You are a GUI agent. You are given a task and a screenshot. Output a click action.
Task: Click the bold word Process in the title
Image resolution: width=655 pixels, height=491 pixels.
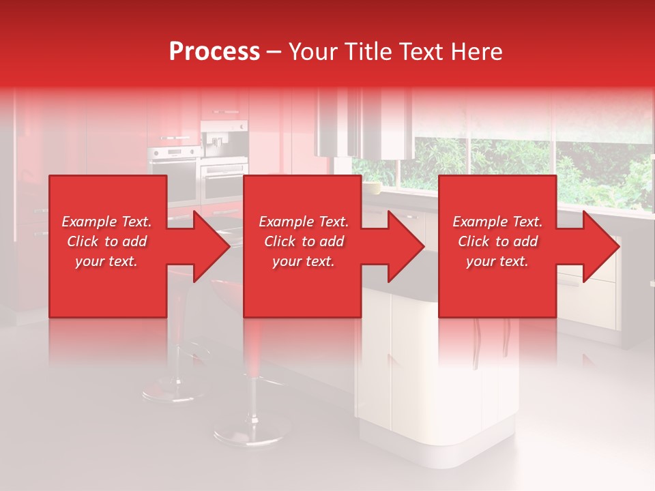[214, 52]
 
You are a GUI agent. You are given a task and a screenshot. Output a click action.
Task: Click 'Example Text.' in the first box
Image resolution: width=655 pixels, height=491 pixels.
[106, 222]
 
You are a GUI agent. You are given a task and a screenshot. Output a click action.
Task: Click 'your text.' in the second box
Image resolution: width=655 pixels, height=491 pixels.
[303, 261]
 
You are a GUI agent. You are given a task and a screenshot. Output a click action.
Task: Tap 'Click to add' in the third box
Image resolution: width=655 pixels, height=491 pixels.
[497, 241]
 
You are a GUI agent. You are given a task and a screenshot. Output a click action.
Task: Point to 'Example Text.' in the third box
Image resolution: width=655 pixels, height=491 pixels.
[497, 222]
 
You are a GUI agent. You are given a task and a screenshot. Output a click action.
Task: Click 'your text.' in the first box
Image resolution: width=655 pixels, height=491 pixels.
[106, 261]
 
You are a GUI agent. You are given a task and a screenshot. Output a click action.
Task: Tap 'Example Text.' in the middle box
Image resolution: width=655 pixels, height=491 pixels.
[303, 222]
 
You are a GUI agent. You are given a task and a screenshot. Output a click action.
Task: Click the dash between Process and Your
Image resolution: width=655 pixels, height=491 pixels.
[274, 52]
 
